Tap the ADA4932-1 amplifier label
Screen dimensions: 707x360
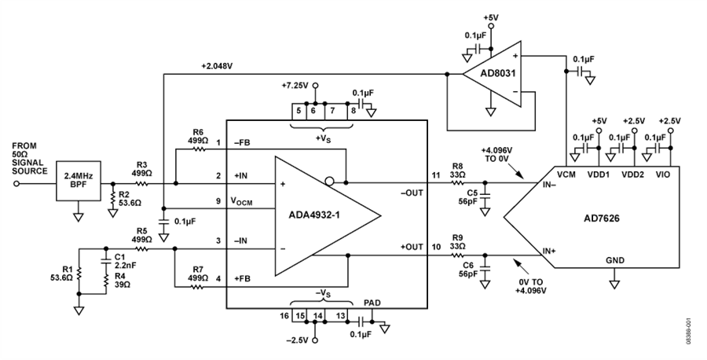315,215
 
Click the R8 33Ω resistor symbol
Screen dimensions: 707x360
458,183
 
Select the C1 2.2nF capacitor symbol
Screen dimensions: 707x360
106,261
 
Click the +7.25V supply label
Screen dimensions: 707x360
296,85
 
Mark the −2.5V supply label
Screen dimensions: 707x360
298,340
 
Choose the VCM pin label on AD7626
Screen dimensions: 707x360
566,174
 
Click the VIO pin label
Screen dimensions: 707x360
662,174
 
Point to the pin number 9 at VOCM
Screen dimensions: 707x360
218,201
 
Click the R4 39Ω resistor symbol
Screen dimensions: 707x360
106,281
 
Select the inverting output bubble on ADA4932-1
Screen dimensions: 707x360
330,182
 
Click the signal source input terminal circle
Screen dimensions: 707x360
17,184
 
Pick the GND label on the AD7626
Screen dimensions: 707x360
615,260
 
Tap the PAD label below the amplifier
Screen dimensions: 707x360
372,303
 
